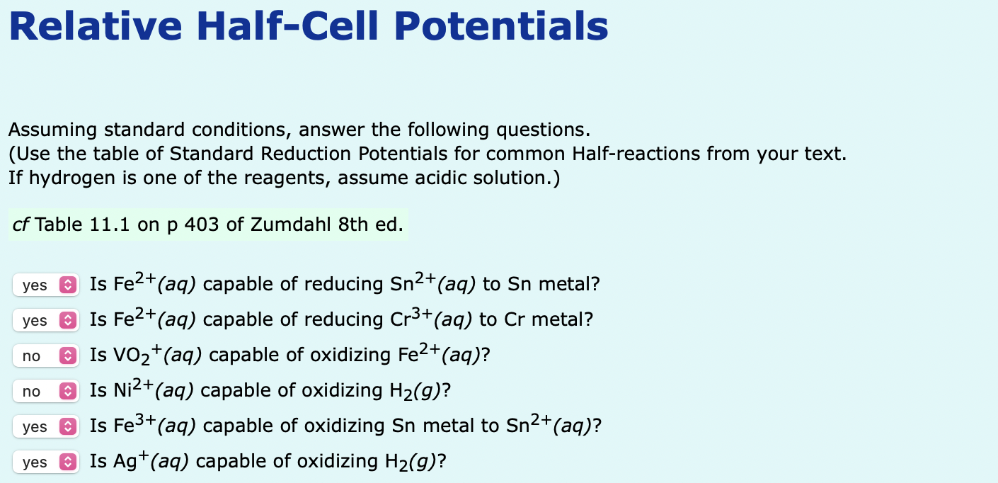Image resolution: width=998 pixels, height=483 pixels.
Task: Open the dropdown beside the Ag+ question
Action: click(x=45, y=462)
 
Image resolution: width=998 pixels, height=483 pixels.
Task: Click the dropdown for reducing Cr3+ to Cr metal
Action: click(x=45, y=321)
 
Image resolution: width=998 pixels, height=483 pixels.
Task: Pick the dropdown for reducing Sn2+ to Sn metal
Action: click(x=45, y=285)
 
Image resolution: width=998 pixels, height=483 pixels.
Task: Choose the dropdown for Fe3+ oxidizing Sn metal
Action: click(x=45, y=427)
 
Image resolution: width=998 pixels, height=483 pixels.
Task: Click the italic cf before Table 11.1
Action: click(x=21, y=226)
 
